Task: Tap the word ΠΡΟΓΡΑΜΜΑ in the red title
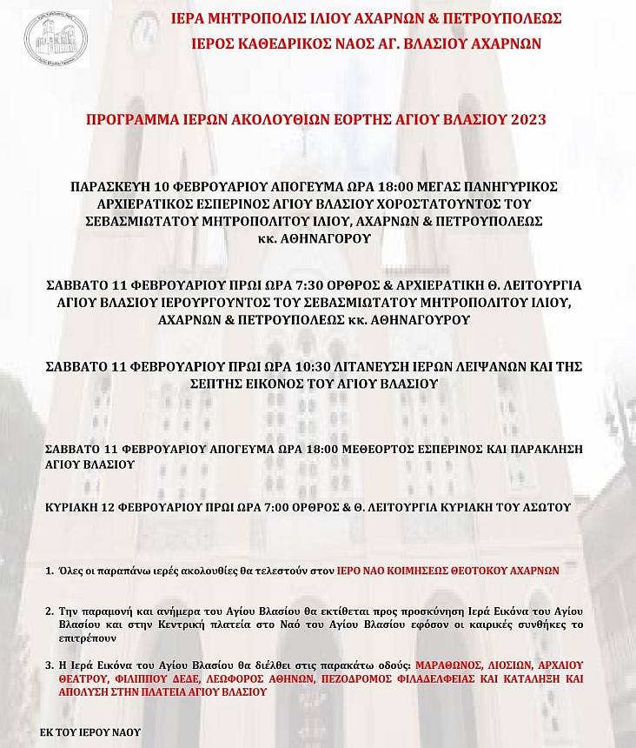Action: point(126,119)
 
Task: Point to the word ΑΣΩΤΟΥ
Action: point(546,506)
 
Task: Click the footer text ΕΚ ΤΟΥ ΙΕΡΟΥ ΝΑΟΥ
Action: point(90,732)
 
